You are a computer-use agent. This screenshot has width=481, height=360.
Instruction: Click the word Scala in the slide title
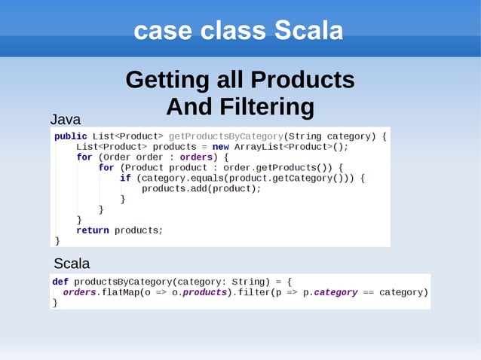tap(308, 31)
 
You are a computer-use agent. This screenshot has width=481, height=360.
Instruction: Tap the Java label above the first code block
tap(65, 119)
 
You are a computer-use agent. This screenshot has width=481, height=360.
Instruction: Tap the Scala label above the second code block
tap(72, 264)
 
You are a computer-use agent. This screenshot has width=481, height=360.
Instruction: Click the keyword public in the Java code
tap(70, 136)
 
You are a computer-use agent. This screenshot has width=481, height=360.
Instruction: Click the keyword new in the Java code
tap(220, 147)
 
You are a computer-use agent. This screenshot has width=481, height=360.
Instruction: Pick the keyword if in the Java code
tap(125, 178)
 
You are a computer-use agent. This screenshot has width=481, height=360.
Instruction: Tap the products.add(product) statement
tap(201, 188)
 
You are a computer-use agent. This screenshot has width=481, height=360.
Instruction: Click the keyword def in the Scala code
tap(60, 282)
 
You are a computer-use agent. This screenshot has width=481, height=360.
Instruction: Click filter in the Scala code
tap(250, 292)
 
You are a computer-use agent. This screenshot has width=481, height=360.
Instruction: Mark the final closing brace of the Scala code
tap(54, 303)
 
